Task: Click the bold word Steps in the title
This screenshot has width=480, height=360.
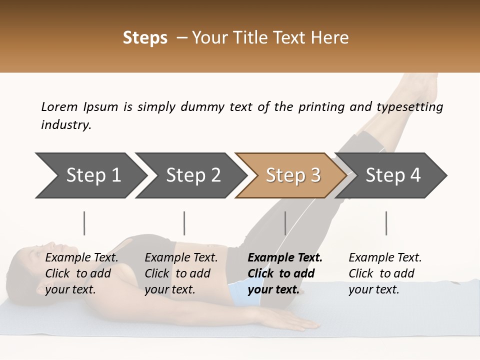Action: coord(145,37)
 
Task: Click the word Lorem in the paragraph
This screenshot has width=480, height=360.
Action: coord(59,106)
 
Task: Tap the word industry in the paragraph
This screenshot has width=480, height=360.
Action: coord(65,125)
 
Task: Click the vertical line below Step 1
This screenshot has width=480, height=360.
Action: coord(84,223)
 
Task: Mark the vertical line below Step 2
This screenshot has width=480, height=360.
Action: coord(184,223)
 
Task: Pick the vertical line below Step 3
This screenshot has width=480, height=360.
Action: coord(285,223)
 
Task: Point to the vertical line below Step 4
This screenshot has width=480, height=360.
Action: coord(386,223)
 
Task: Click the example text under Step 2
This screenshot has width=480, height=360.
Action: coord(180,273)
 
